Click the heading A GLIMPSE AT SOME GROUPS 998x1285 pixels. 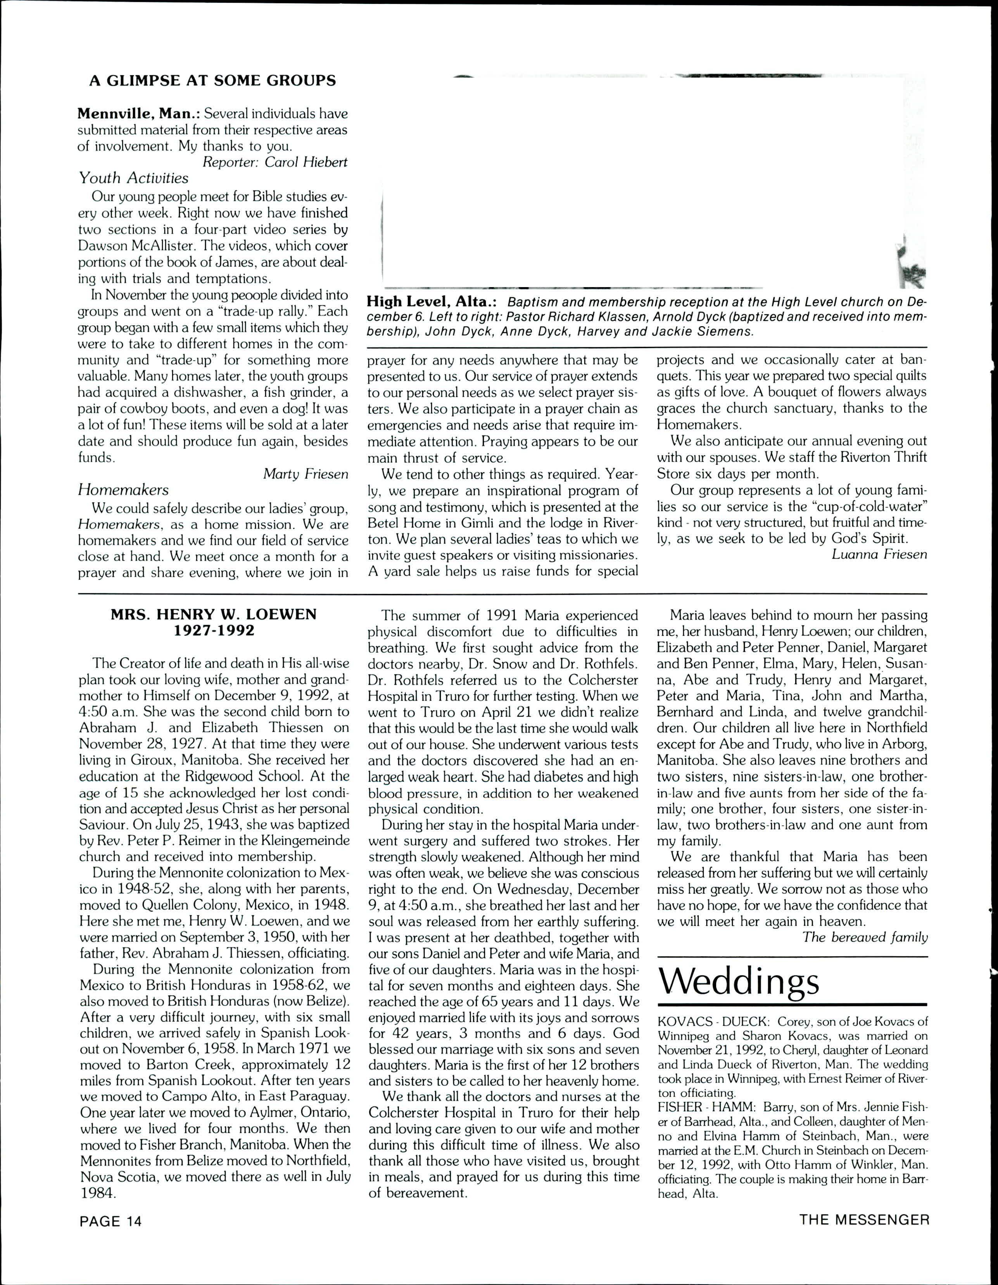(212, 81)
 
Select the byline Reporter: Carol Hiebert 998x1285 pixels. (275, 162)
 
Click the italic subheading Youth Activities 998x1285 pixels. (133, 178)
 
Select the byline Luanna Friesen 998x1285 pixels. (879, 554)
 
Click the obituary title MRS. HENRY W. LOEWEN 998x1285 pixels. (214, 615)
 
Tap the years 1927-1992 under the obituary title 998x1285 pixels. (214, 631)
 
